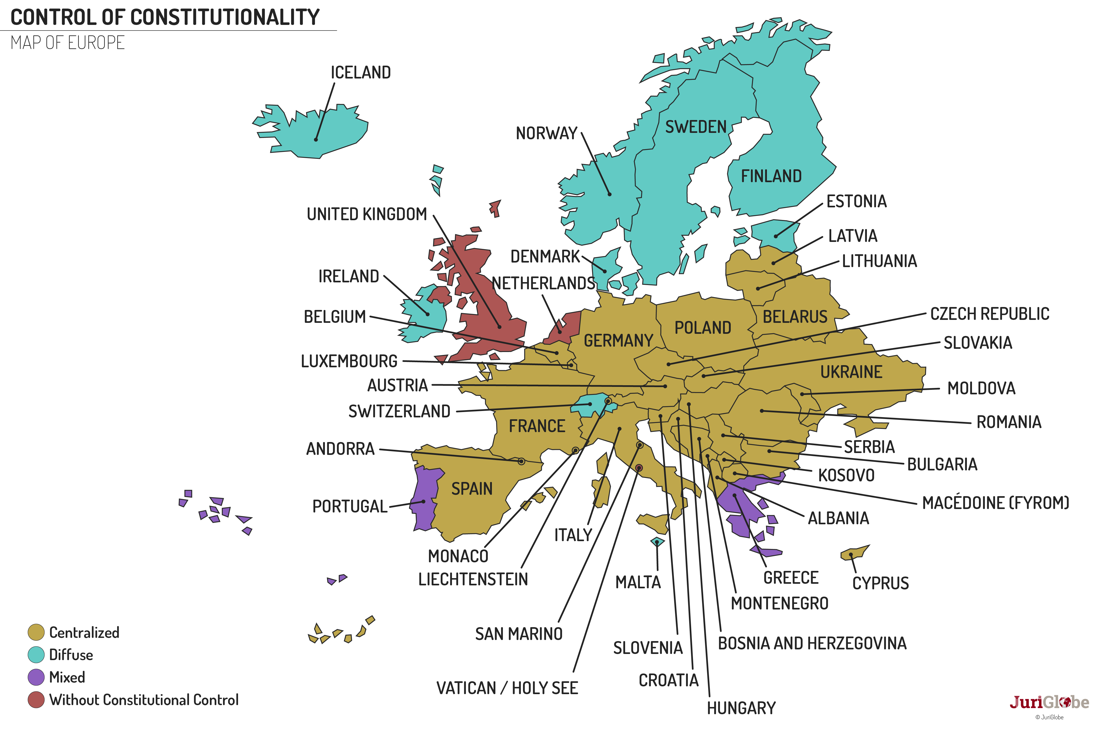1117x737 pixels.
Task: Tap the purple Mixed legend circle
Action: coord(36,677)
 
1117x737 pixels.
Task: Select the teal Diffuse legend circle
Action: coord(36,655)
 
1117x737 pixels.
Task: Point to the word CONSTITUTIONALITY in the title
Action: coord(225,17)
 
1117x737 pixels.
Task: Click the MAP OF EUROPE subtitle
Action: coord(68,43)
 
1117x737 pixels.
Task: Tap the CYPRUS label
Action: coord(880,583)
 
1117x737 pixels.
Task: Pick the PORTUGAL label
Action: coord(350,507)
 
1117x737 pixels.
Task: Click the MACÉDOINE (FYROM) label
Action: coord(995,503)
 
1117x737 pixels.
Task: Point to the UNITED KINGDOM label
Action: coord(367,214)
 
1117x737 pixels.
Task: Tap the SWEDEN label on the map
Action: coord(696,127)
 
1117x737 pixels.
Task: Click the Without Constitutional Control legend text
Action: coord(144,700)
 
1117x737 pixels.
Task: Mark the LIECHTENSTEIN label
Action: coord(473,579)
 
